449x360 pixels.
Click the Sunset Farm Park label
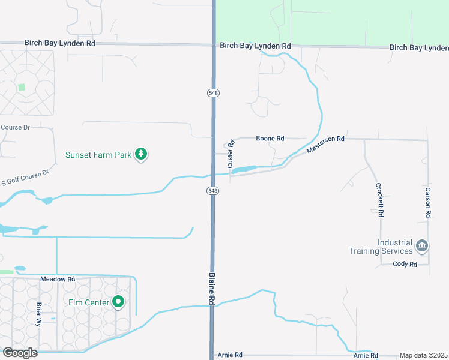98,155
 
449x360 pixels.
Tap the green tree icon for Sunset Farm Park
141,154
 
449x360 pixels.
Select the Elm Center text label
88,302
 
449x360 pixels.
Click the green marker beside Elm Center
119,302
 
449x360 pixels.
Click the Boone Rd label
270,139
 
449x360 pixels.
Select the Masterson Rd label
325,144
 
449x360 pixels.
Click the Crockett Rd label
380,200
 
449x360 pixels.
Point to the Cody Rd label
405,264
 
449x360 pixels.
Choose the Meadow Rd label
58,280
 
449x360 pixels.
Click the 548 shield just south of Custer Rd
213,190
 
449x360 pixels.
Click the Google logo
20,352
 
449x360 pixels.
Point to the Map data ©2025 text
423,355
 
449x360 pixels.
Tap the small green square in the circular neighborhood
22,87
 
